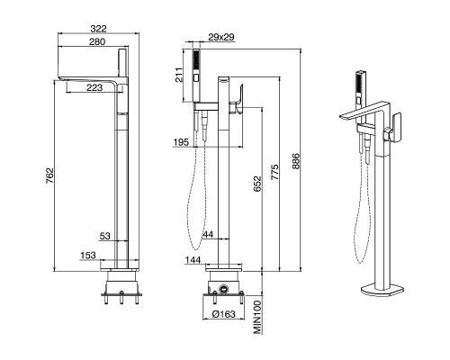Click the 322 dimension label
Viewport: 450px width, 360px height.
(x=98, y=29)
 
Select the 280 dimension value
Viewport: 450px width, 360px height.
(x=97, y=41)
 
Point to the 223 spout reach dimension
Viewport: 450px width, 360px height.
(x=94, y=87)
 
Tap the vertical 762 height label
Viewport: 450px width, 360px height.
(x=49, y=176)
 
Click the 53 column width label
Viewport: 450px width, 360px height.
(x=104, y=236)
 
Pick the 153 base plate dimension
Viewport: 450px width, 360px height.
(x=88, y=256)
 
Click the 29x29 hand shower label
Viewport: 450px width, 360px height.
(x=221, y=37)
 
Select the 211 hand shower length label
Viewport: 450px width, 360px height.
(x=179, y=76)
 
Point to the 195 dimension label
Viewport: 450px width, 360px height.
(x=181, y=142)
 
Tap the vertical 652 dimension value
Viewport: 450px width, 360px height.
(x=257, y=184)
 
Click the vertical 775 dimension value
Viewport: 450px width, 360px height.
(x=274, y=172)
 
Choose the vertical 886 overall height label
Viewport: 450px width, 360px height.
(x=296, y=161)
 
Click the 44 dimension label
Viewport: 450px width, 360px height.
(x=208, y=234)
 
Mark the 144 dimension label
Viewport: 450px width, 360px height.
(x=193, y=260)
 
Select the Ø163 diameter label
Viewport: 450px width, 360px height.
(x=223, y=314)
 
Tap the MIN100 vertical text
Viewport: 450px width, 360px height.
(x=257, y=317)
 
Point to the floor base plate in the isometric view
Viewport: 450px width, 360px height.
(x=382, y=290)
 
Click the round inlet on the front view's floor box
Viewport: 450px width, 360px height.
(x=224, y=289)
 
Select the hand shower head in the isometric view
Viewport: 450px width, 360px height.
(x=360, y=88)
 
